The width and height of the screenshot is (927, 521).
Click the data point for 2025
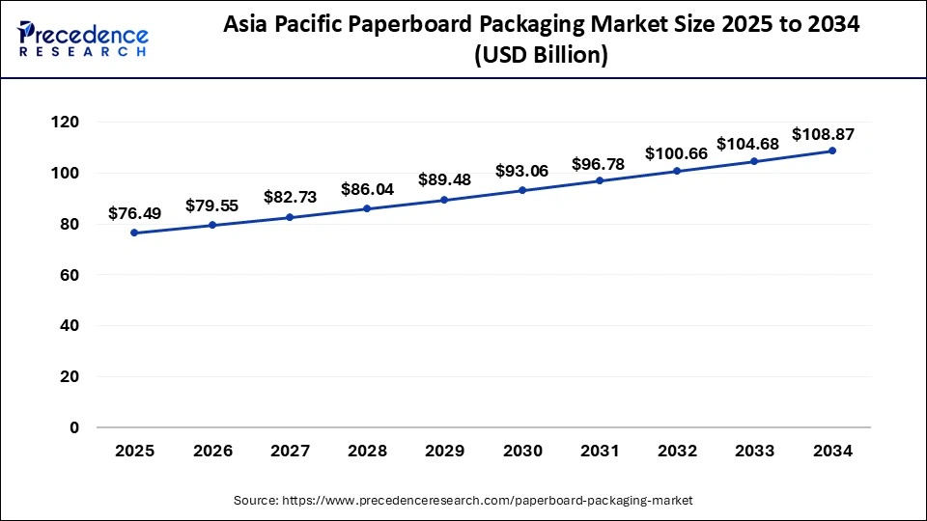click(x=134, y=233)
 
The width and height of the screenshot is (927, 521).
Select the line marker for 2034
click(x=832, y=151)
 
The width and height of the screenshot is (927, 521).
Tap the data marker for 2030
click(x=522, y=190)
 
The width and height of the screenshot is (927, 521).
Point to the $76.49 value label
click(x=134, y=212)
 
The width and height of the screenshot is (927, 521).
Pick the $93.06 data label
click(x=521, y=171)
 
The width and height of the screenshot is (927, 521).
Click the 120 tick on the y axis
click(x=67, y=123)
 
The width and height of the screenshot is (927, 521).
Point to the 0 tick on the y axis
click(x=74, y=427)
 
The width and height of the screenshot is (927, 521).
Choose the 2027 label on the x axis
click(x=290, y=451)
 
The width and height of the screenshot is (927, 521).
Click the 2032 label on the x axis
click(x=677, y=451)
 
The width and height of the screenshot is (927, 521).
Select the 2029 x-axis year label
click(x=444, y=451)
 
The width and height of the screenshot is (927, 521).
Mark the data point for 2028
click(x=367, y=208)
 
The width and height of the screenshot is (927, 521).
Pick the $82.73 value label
click(x=290, y=197)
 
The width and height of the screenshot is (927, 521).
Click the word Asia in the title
click(x=247, y=26)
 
